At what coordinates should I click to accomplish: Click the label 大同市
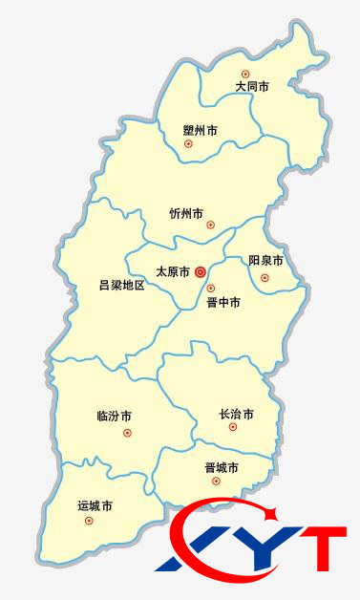(252, 87)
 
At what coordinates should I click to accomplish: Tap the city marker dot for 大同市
(245, 74)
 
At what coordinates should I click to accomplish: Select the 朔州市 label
(201, 130)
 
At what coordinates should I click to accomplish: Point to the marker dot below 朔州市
(188, 144)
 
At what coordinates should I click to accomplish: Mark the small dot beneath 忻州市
(211, 225)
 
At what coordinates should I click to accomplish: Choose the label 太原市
(173, 271)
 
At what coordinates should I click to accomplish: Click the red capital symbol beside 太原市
(201, 271)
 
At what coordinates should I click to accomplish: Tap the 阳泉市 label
(265, 261)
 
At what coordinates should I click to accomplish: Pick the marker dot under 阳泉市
(265, 278)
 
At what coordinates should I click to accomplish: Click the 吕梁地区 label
(121, 285)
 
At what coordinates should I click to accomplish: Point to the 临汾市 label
(115, 417)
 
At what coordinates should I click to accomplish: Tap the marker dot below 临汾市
(127, 433)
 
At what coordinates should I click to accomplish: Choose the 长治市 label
(237, 415)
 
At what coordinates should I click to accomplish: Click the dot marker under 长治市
(232, 427)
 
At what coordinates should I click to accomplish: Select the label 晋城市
(222, 468)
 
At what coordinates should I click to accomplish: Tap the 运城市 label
(95, 504)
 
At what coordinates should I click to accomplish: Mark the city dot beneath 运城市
(89, 521)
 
